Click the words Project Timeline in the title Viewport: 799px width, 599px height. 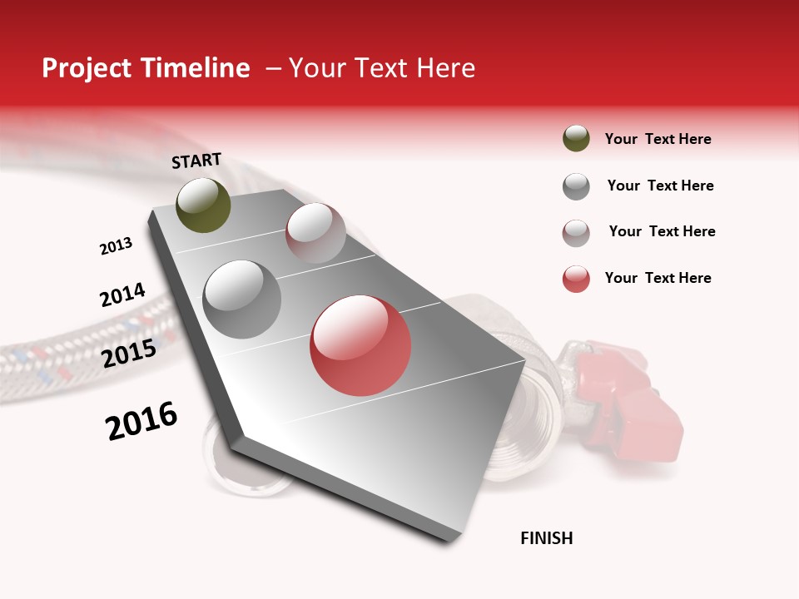146,68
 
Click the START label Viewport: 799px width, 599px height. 196,161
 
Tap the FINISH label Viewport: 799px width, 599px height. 546,538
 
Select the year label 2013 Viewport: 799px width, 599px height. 116,246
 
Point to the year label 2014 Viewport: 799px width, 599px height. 122,295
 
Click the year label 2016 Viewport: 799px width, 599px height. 141,421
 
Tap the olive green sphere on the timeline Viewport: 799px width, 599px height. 203,205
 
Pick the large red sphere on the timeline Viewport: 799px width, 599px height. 360,345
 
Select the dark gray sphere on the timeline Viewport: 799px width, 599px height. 242,299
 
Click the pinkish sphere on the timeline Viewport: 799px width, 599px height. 315,233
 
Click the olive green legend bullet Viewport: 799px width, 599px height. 576,139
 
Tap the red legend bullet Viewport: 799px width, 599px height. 576,279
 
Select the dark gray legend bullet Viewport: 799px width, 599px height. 576,186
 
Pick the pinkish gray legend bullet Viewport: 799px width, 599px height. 576,233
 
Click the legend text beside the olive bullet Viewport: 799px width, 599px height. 658,139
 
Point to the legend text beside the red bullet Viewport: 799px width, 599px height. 658,278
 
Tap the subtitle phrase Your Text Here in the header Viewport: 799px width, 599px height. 382,68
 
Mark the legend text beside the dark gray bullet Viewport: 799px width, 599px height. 660,186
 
